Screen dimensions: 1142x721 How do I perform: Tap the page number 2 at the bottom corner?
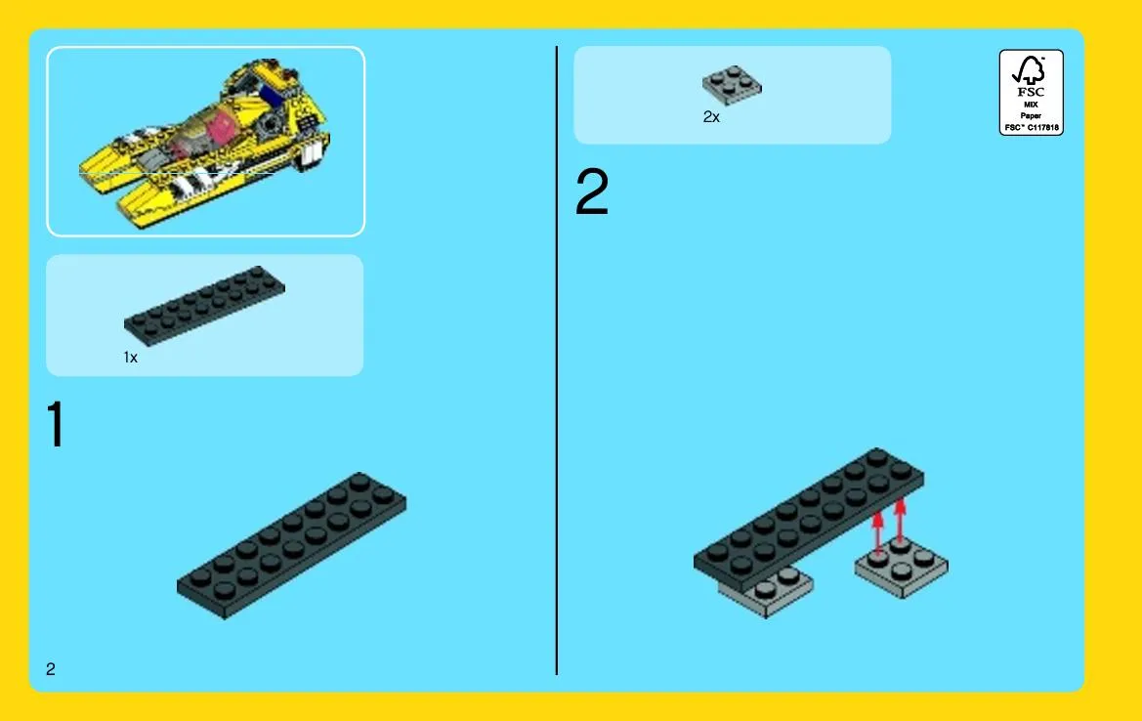50,668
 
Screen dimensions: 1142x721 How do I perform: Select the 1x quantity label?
130,357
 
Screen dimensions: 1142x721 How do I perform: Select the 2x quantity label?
711,116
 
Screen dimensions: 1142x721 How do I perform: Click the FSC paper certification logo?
1031,93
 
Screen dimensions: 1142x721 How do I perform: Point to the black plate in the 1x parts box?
204,305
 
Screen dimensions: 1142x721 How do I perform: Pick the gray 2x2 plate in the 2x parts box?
732,85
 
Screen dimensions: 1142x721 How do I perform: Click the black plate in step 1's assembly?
291,545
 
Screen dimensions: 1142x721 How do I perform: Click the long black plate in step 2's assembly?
809,520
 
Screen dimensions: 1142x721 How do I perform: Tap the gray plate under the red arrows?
902,568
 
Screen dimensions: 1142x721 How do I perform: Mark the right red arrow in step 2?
900,522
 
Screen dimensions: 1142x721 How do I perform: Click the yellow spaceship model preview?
205,143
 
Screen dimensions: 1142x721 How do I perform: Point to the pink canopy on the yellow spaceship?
219,130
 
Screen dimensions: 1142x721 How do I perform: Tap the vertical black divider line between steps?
557,360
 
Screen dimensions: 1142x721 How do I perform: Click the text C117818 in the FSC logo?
1043,127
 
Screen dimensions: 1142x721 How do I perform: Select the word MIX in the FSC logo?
1031,105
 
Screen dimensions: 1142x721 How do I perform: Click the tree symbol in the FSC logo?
1029,70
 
